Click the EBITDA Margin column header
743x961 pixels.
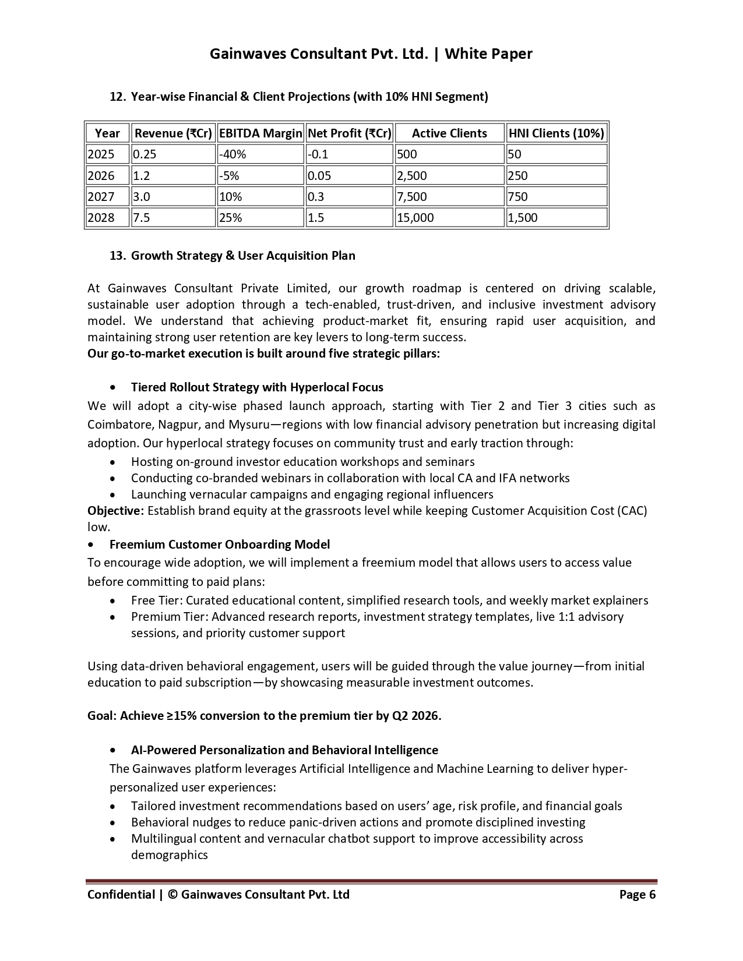[260, 133]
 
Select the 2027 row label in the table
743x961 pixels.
[101, 197]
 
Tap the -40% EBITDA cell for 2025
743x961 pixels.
[233, 154]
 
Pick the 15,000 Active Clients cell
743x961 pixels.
[415, 218]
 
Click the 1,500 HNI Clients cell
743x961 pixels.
[523, 218]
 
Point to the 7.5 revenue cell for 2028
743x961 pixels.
[142, 218]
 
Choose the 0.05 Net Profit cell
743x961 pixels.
[319, 176]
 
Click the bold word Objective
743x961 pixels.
[115, 511]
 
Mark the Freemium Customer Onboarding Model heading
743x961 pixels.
[219, 545]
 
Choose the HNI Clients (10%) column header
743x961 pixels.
[556, 133]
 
